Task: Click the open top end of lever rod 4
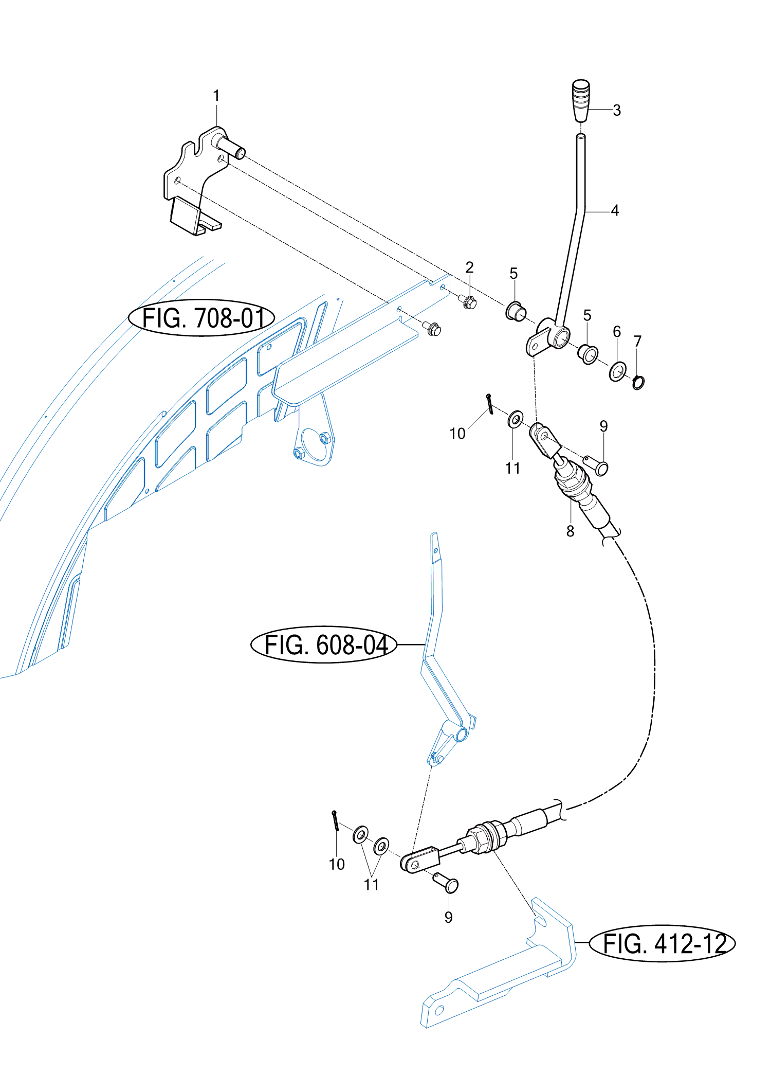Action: pos(580,136)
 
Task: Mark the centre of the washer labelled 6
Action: pos(617,371)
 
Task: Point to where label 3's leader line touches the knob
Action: pos(589,110)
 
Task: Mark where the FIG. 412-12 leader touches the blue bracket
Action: pos(575,943)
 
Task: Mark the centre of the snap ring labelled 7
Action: pos(638,383)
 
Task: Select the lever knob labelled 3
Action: pos(581,100)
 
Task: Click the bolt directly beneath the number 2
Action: pos(469,302)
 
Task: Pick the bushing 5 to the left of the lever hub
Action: pos(516,311)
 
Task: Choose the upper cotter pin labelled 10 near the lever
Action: pos(490,403)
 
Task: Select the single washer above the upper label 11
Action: pos(516,420)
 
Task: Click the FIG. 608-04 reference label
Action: pos(324,645)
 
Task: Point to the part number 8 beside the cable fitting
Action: pos(570,531)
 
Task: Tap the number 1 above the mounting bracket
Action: pos(216,96)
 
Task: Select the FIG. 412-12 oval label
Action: pos(662,943)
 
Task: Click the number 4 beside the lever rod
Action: pos(615,210)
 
